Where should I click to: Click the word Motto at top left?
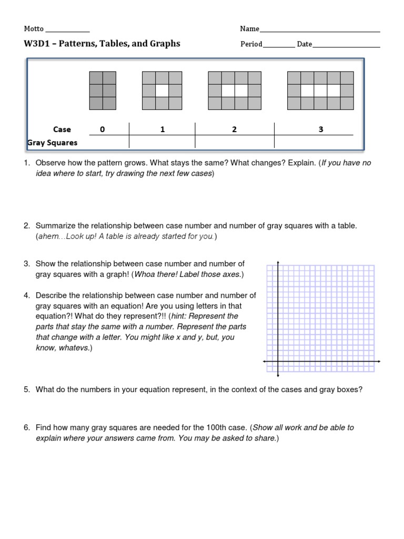tap(34, 29)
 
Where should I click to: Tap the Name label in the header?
tap(249, 29)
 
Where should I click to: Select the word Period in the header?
tap(251, 44)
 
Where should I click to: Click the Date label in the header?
tap(304, 44)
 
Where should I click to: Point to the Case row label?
tap(62, 129)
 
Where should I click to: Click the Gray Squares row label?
tap(52, 143)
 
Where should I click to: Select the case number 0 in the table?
tap(102, 129)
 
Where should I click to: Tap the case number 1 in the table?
tap(163, 129)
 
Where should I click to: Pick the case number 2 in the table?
tap(234, 129)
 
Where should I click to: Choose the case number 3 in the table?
tap(321, 129)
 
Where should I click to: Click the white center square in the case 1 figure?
tap(162, 91)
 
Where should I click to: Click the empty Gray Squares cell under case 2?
tap(234, 143)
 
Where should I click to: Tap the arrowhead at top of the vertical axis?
tap(277, 262)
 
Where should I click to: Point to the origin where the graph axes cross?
tap(277, 362)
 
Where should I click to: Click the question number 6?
tap(26, 427)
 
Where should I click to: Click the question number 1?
tap(26, 163)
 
